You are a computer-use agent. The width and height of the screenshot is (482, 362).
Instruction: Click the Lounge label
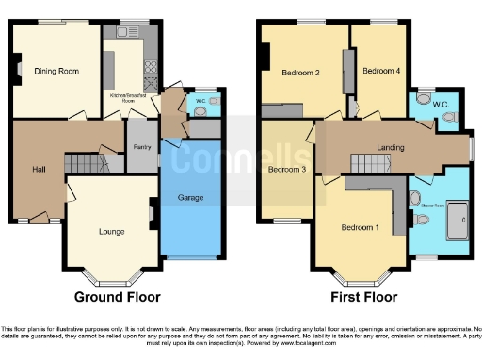pos(112,230)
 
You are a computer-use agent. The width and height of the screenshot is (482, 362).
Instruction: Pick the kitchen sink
pos(129,32)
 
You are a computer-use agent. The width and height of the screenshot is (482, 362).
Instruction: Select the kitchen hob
pos(149,68)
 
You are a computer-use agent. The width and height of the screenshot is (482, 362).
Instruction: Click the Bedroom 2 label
pos(304,73)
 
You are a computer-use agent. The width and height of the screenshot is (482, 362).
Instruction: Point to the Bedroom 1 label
pos(361,228)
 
